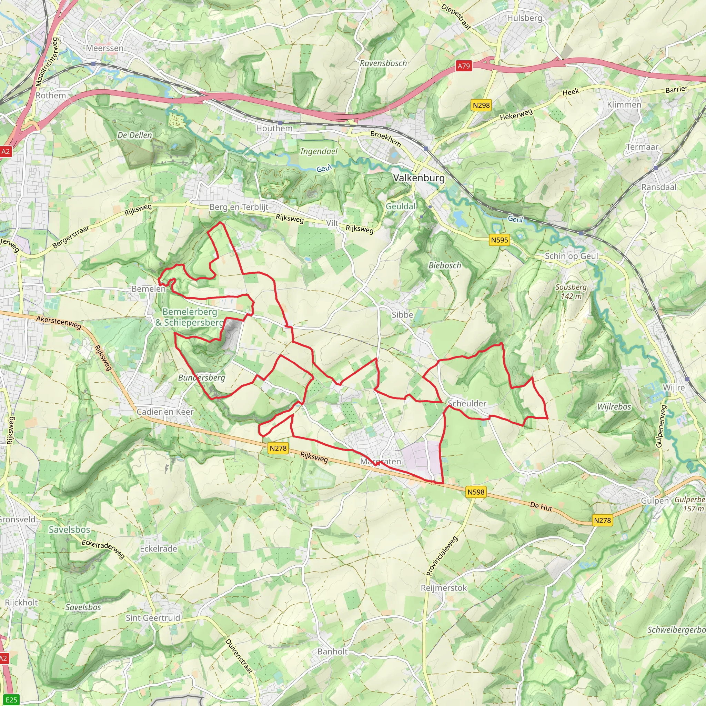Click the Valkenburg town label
point(419,178)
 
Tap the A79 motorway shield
point(464,66)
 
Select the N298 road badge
point(481,105)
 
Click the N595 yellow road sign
point(499,240)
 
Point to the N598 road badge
point(476,492)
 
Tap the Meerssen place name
point(105,48)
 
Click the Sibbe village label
point(402,315)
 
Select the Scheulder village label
point(467,403)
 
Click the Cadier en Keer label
point(165,412)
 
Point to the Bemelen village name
point(148,289)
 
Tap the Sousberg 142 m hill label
point(571,292)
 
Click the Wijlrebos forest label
point(614,407)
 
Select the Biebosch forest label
point(445,266)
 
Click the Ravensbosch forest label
point(383,63)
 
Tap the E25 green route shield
point(11,700)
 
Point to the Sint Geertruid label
point(153,618)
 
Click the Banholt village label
point(333,652)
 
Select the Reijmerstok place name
point(444,588)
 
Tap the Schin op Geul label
point(571,256)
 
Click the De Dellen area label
point(134,135)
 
